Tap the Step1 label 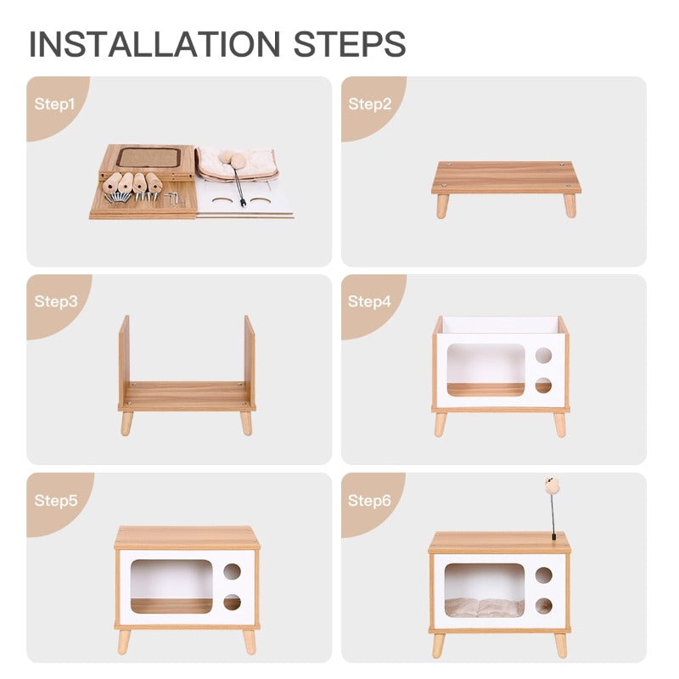[55, 104]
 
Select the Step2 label [370, 104]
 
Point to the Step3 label [55, 301]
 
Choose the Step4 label [370, 301]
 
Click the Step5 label [55, 500]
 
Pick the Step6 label [370, 500]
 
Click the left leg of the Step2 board [442, 205]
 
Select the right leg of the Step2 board [570, 205]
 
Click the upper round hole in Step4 [543, 356]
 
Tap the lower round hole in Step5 [232, 603]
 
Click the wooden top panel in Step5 [187, 537]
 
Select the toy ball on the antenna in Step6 [552, 485]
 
